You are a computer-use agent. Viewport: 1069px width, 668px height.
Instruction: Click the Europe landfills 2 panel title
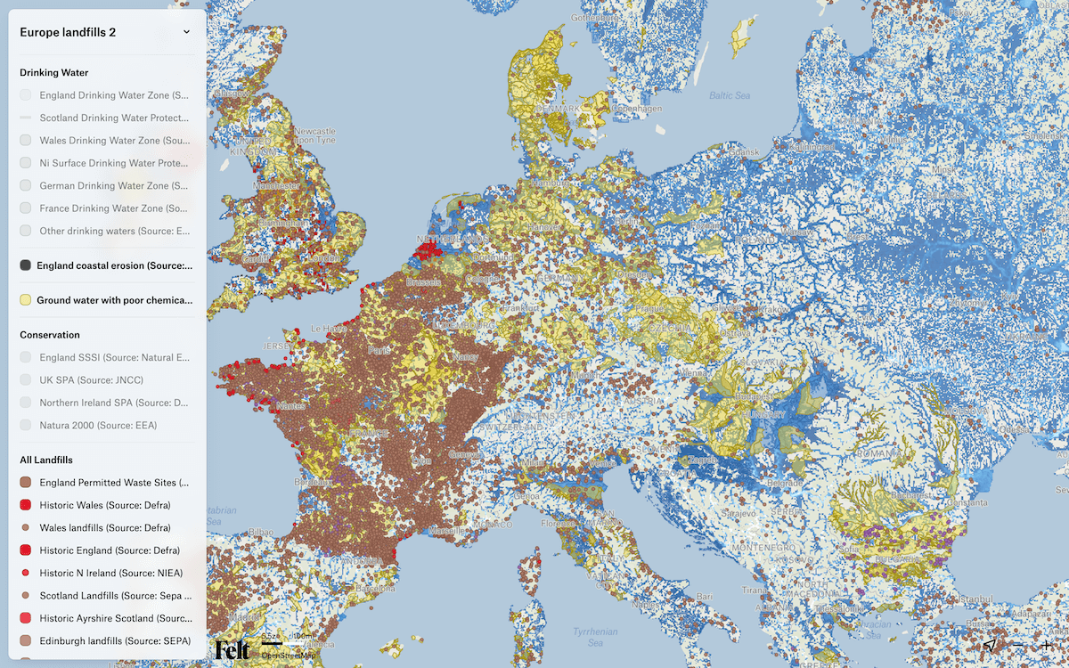click(x=68, y=32)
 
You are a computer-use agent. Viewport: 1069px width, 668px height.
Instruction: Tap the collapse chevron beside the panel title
click(x=186, y=32)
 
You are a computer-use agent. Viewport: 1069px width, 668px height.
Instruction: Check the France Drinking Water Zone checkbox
click(x=26, y=208)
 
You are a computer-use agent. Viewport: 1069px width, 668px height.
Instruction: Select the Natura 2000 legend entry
click(x=98, y=426)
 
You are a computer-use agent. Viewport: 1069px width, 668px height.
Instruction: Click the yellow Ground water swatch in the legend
click(x=26, y=300)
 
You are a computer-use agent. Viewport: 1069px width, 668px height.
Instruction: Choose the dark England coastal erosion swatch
click(x=26, y=265)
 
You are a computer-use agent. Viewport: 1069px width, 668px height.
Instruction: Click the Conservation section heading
click(x=50, y=335)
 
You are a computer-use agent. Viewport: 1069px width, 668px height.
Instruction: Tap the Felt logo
click(x=233, y=649)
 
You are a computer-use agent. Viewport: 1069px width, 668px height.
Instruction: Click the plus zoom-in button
click(x=1048, y=646)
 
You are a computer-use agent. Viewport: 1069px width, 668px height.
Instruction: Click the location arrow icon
click(x=990, y=646)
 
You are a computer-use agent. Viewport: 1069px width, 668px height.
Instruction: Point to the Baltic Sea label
click(x=730, y=95)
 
